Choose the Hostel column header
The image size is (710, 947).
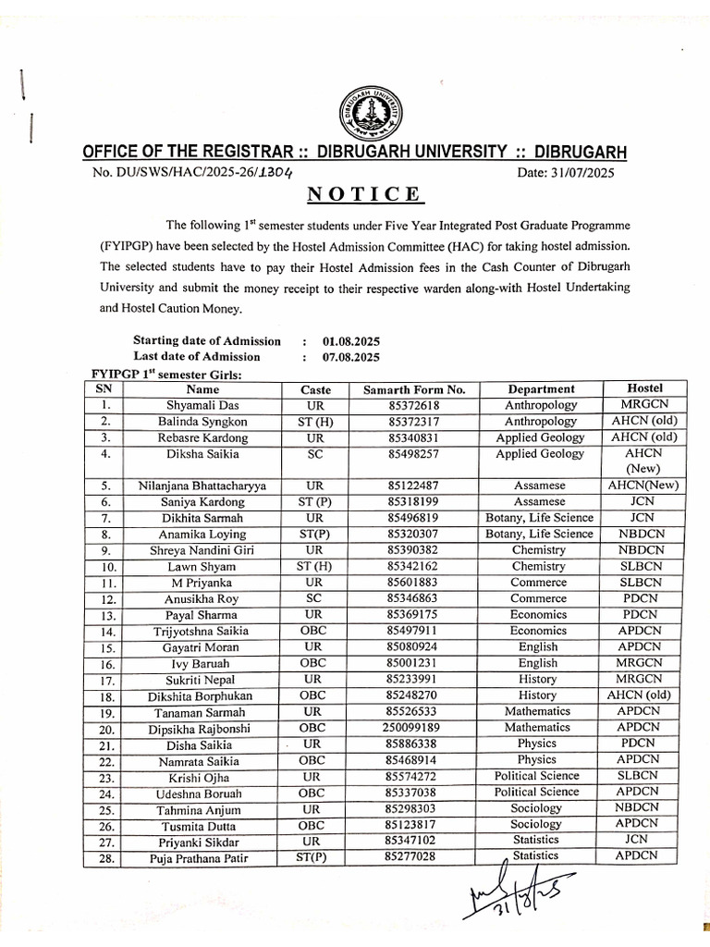pyautogui.click(x=643, y=388)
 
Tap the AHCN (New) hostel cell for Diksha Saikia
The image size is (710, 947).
pyautogui.click(x=643, y=461)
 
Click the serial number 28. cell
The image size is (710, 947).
pyautogui.click(x=107, y=857)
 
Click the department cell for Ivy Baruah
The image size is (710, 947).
pyautogui.click(x=538, y=663)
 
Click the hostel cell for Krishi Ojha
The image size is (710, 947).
pyautogui.click(x=643, y=776)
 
